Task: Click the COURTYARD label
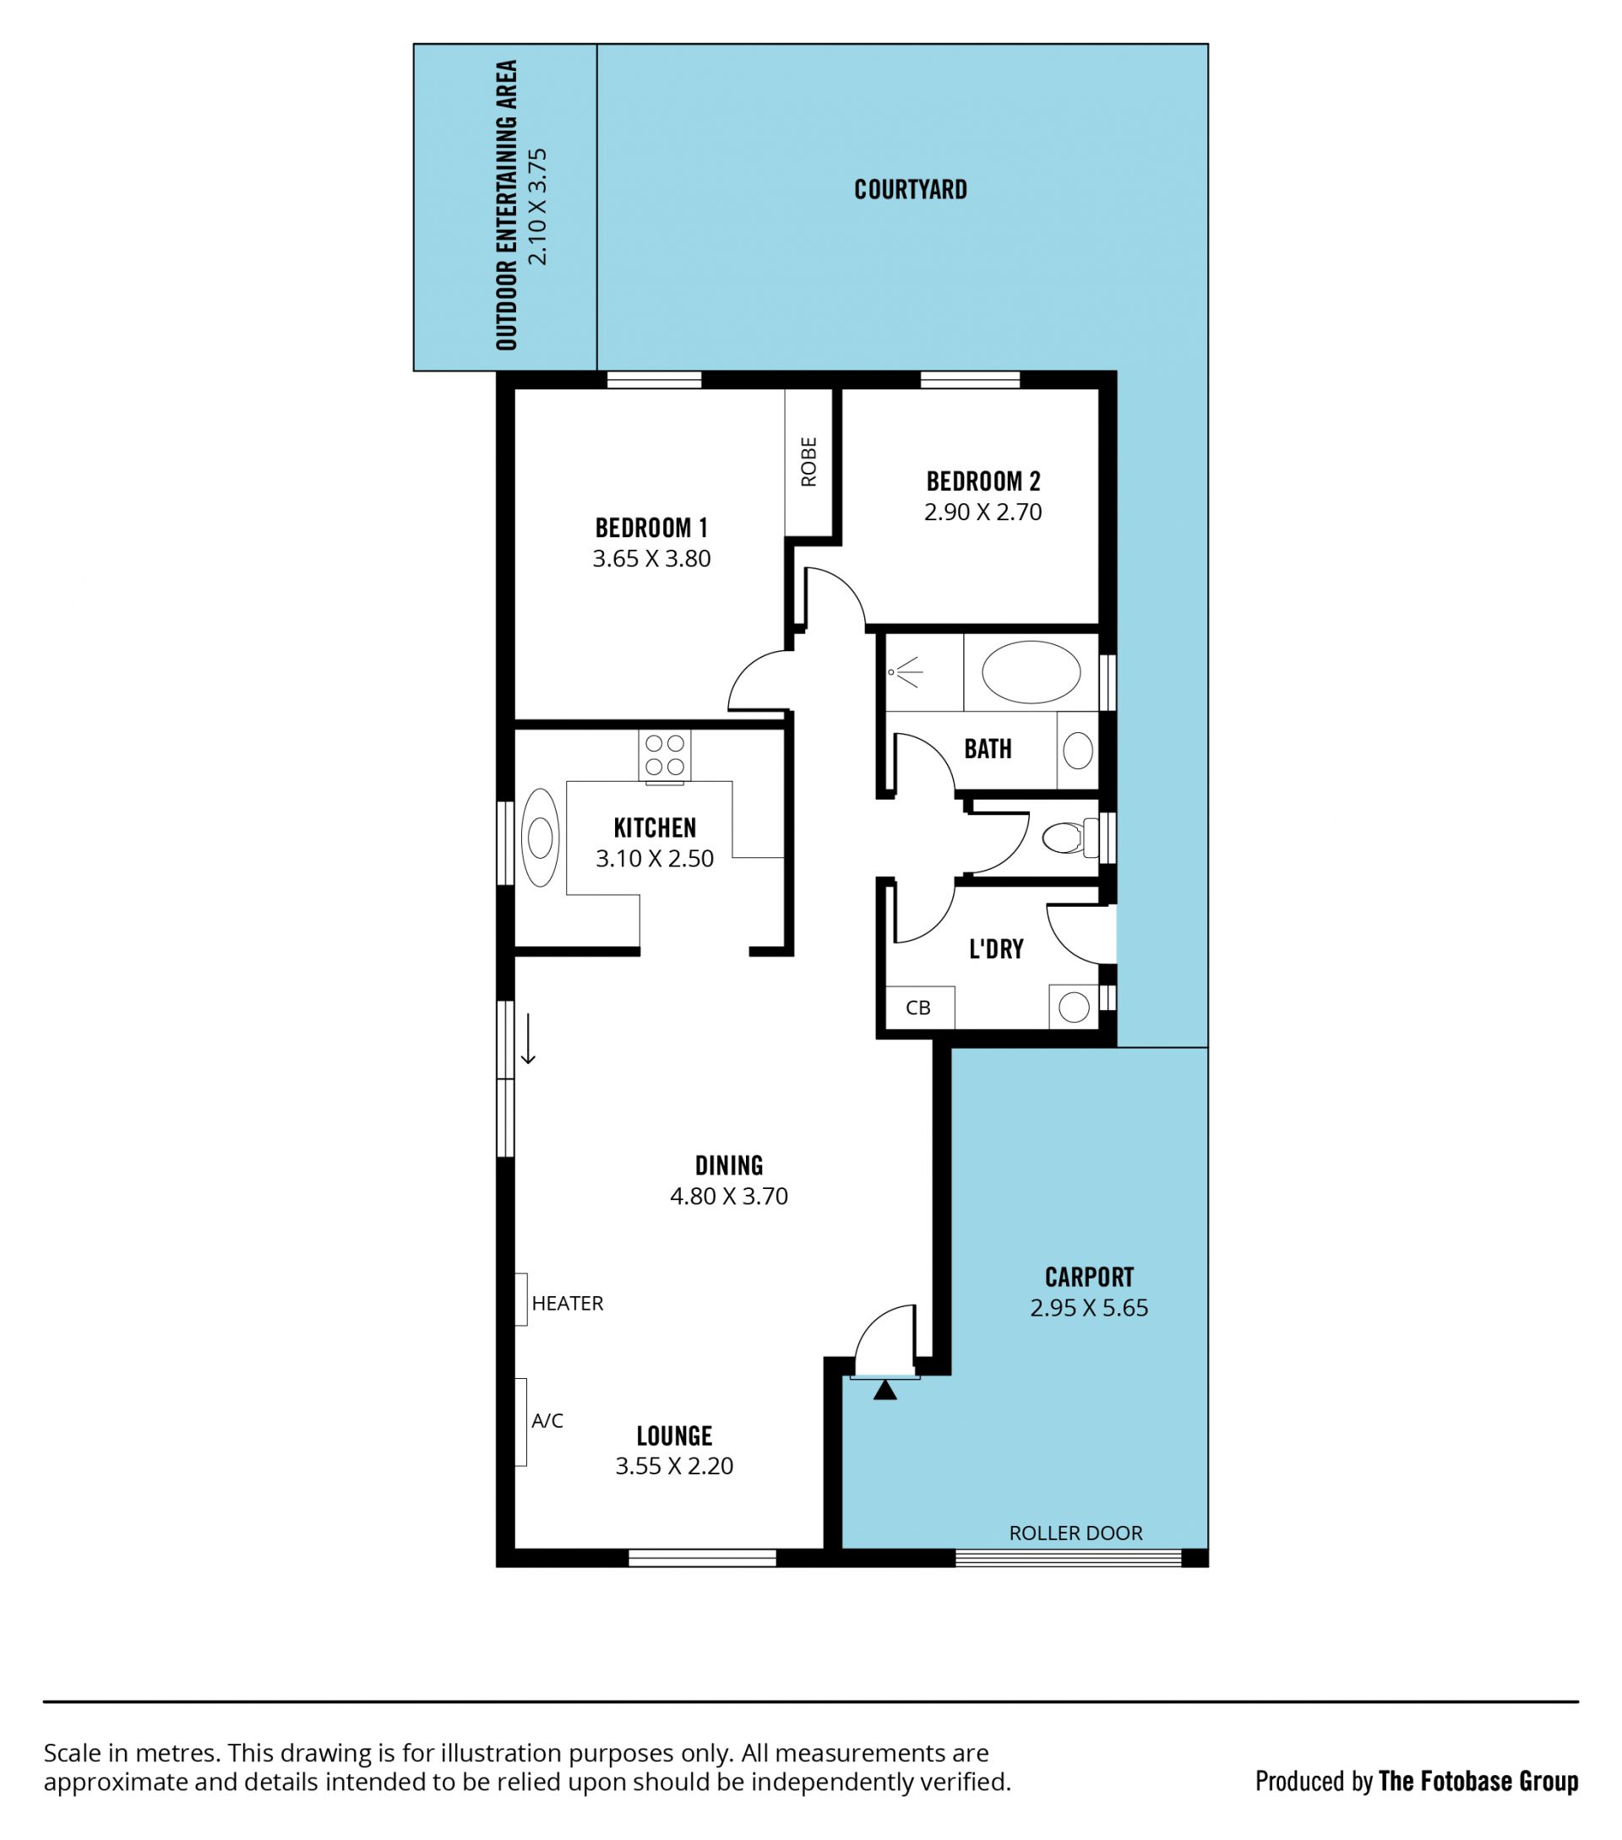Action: tap(911, 190)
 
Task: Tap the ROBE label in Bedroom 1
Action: tap(808, 462)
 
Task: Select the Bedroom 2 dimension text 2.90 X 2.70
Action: tap(982, 513)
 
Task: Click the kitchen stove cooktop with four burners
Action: tap(665, 755)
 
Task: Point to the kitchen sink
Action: tap(541, 838)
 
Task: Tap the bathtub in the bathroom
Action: tap(1031, 671)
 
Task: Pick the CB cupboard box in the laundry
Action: tap(919, 1007)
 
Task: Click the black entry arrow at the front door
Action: tap(885, 1391)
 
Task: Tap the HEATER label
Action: tap(568, 1304)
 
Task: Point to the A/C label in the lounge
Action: tap(547, 1421)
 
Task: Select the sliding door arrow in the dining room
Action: tap(529, 1039)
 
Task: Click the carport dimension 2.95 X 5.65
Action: tap(1089, 1308)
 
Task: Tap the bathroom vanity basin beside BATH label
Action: tap(1078, 751)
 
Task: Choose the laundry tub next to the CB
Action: tap(1074, 1007)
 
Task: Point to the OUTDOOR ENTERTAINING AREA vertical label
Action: tap(507, 205)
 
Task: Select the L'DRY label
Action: tap(996, 949)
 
